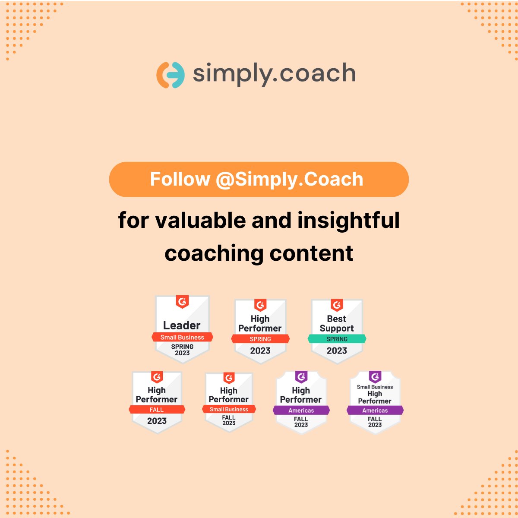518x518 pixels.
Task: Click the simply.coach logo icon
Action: [x=170, y=75]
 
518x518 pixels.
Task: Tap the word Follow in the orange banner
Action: [x=180, y=179]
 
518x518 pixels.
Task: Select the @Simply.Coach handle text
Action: [x=289, y=180]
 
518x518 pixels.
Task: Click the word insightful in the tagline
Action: [x=348, y=220]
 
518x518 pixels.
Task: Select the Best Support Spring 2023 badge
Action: [x=337, y=331]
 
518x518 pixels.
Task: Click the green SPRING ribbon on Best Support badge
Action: [x=337, y=339]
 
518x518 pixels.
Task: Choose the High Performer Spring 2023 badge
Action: [x=260, y=331]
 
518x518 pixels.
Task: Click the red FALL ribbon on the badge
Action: [x=157, y=410]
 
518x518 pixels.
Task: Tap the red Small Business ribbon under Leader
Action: [x=182, y=337]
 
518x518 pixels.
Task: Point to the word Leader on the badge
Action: [x=182, y=325]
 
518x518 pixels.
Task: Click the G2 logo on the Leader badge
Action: [x=182, y=302]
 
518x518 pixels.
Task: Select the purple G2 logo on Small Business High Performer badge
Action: [x=375, y=377]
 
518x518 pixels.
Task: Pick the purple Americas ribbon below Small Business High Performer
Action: [x=375, y=411]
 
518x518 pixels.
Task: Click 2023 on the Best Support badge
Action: [x=337, y=351]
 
